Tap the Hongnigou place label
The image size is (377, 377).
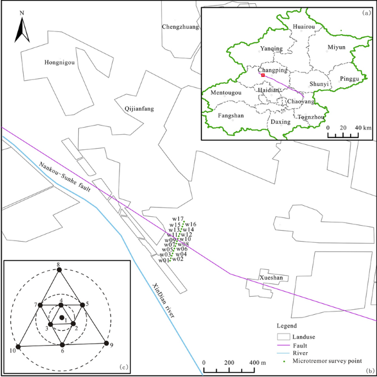coord(59,63)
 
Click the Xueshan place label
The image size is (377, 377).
coord(271,278)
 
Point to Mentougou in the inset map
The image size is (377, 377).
coord(226,93)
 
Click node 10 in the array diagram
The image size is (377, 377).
coord(18,347)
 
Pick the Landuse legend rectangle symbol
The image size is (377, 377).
coord(283,335)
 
